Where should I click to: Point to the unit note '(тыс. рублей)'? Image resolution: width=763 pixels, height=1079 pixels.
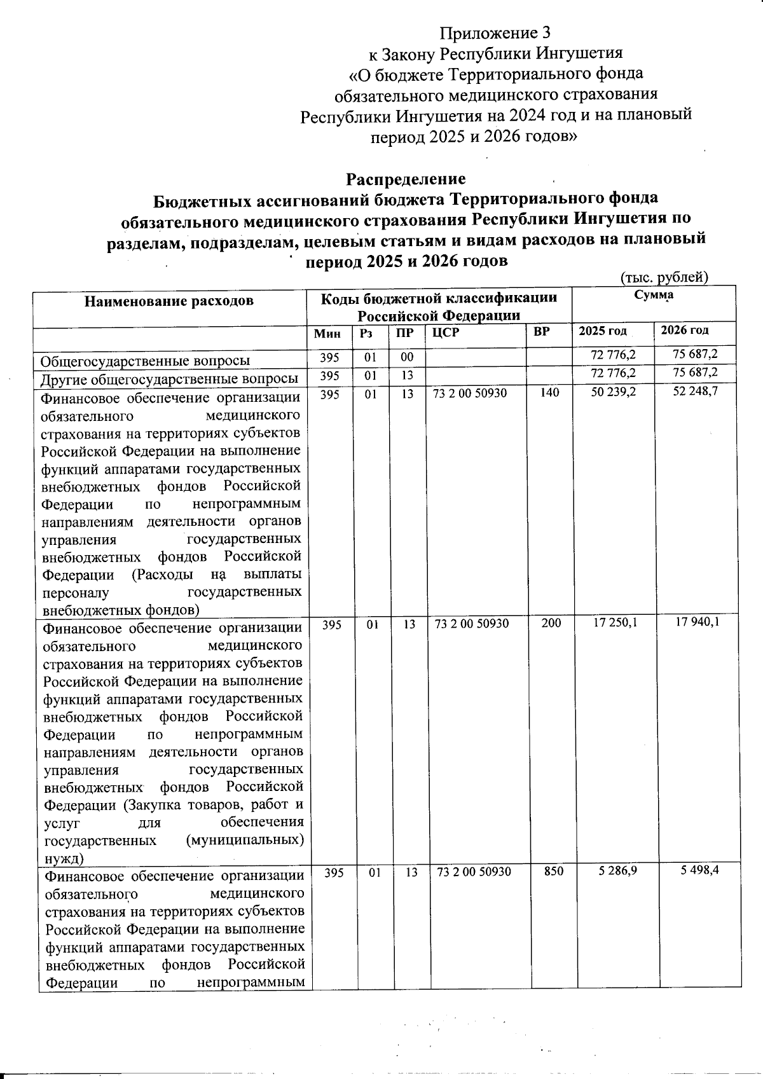[663, 277]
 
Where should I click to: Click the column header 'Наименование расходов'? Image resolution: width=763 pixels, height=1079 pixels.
[169, 301]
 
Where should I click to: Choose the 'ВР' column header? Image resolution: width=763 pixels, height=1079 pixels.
[542, 332]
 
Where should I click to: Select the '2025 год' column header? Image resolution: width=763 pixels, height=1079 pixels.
[602, 331]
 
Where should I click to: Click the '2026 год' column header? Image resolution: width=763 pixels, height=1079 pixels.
[685, 330]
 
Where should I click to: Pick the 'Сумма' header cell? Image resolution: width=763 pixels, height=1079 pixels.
[654, 295]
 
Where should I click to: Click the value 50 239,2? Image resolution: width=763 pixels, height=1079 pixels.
[613, 392]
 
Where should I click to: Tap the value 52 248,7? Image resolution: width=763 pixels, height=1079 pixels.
[696, 392]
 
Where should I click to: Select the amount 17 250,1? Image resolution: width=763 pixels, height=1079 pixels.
[615, 623]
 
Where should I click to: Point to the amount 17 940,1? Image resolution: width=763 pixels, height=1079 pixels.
[698, 622]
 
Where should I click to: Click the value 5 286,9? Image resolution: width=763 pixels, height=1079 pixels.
[617, 870]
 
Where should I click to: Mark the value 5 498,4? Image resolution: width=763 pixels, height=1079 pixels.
[699, 870]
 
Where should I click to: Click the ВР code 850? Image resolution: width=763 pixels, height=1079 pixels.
[554, 871]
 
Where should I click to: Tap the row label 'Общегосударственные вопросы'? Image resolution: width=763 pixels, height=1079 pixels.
[145, 361]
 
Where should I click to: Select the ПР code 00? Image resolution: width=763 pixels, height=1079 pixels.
[407, 357]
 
